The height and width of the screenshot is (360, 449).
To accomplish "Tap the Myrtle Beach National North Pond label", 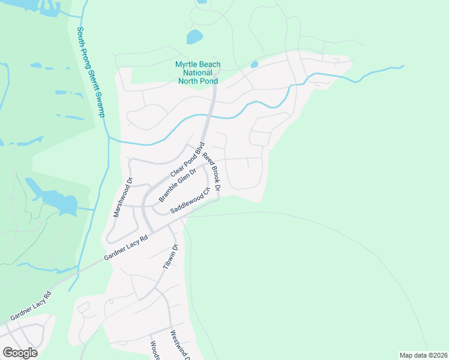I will coord(197,72).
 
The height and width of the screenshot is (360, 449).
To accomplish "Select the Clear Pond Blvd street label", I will coord(188,159).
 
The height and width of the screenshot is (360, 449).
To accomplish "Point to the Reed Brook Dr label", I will coord(211,172).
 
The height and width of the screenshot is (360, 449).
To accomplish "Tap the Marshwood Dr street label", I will coord(122,197).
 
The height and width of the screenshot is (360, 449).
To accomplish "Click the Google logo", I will coord(20,353).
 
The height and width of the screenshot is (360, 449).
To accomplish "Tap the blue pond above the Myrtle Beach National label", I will coord(194,37).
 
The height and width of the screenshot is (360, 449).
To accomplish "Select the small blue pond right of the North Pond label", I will coord(254,64).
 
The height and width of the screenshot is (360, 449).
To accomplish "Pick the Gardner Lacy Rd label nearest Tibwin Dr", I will coord(125,247).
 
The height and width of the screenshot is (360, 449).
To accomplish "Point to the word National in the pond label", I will coord(197,72).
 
